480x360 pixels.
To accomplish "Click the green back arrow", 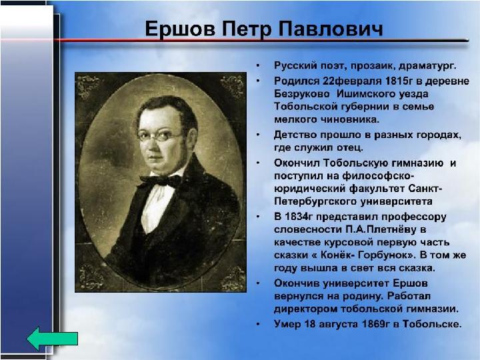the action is pyautogui.click(x=52, y=339).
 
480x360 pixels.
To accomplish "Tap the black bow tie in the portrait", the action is pyautogui.click(x=161, y=180).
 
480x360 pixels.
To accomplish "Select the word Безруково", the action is pyautogui.click(x=302, y=94).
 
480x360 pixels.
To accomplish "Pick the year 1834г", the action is pyautogui.click(x=299, y=217).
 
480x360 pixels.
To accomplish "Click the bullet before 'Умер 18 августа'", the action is pyautogui.click(x=259, y=324).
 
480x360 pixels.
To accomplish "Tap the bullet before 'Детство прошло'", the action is pyautogui.click(x=259, y=135).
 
